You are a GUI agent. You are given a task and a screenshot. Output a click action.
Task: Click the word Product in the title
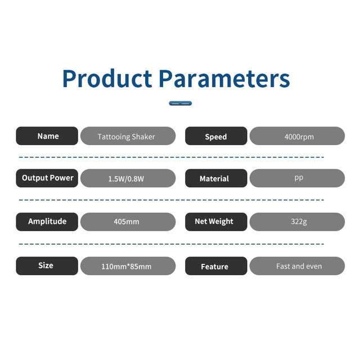point(107,78)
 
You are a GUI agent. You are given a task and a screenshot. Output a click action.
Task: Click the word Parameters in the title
point(224,79)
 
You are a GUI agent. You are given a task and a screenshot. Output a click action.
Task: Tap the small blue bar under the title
point(180,103)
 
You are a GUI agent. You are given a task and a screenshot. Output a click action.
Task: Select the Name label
point(47,136)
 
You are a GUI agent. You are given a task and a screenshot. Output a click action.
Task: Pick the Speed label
point(216,136)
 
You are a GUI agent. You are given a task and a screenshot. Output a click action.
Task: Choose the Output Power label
point(47,178)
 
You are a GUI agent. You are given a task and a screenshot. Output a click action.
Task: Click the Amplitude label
point(47,222)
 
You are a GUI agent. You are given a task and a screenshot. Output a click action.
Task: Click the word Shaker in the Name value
point(143,137)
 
